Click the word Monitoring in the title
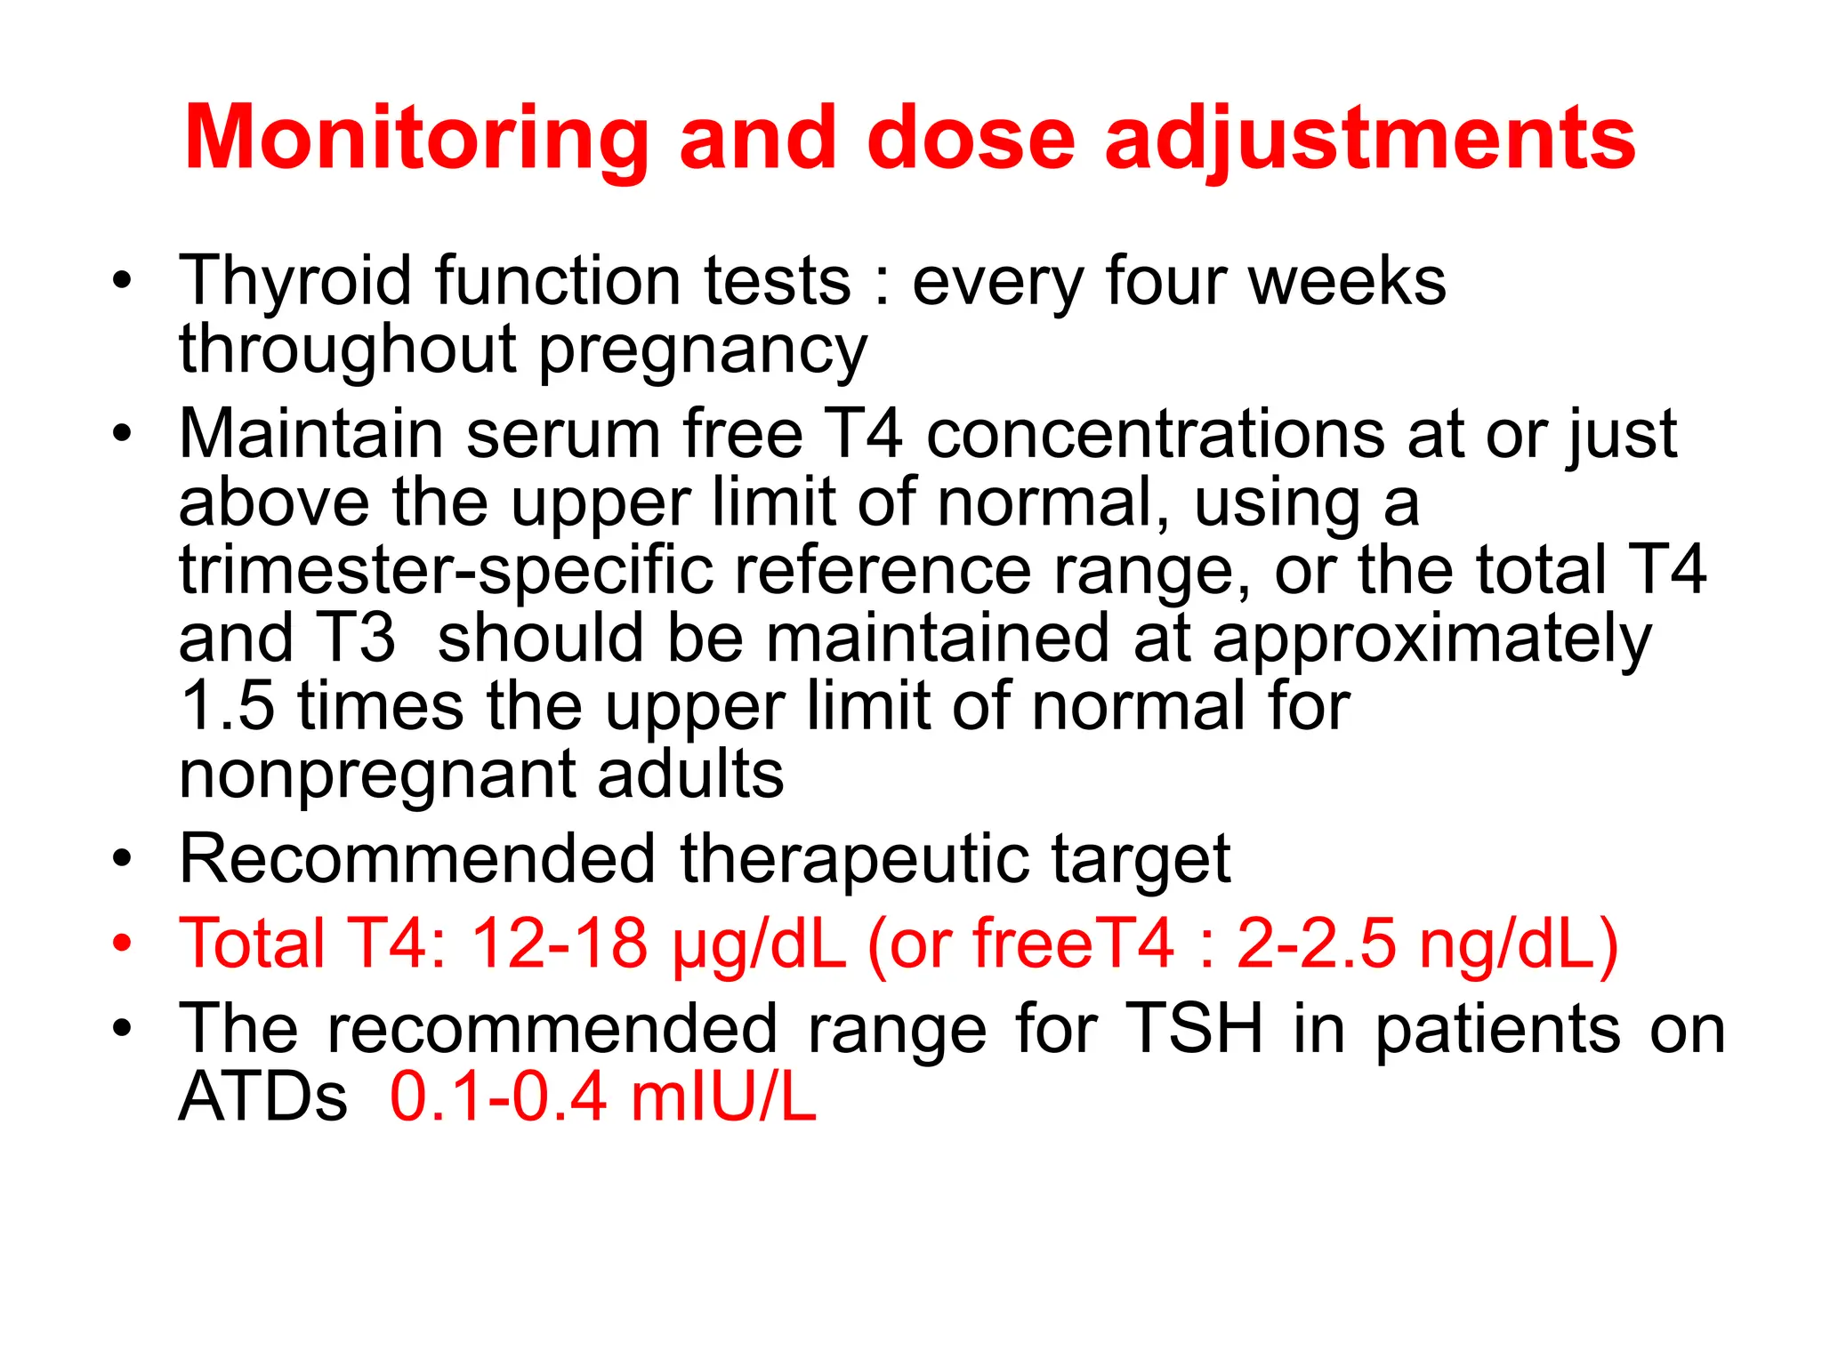point(415,138)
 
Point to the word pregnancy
point(702,350)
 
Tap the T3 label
point(356,638)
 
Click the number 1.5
point(227,706)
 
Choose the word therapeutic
point(853,861)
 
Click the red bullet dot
point(122,943)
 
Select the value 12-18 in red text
point(559,943)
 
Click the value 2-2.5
point(1315,943)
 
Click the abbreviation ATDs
point(263,1097)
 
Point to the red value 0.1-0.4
point(498,1097)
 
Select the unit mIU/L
point(723,1097)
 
